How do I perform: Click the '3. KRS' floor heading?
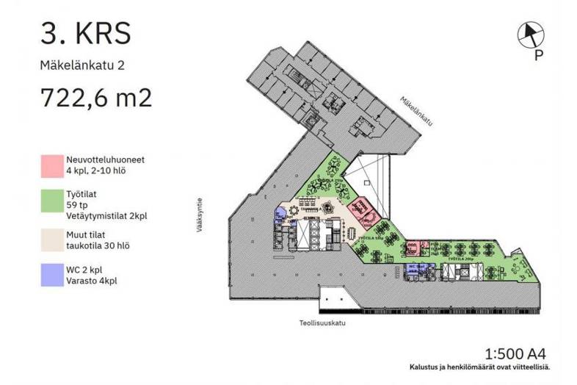tap(87, 33)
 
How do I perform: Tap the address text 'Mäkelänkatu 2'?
tap(82, 65)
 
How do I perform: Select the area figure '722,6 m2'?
tap(95, 97)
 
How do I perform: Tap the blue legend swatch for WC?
tap(51, 276)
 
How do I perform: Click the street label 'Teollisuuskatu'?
tap(318, 323)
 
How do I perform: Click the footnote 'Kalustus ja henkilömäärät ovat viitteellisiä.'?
tap(479, 367)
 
